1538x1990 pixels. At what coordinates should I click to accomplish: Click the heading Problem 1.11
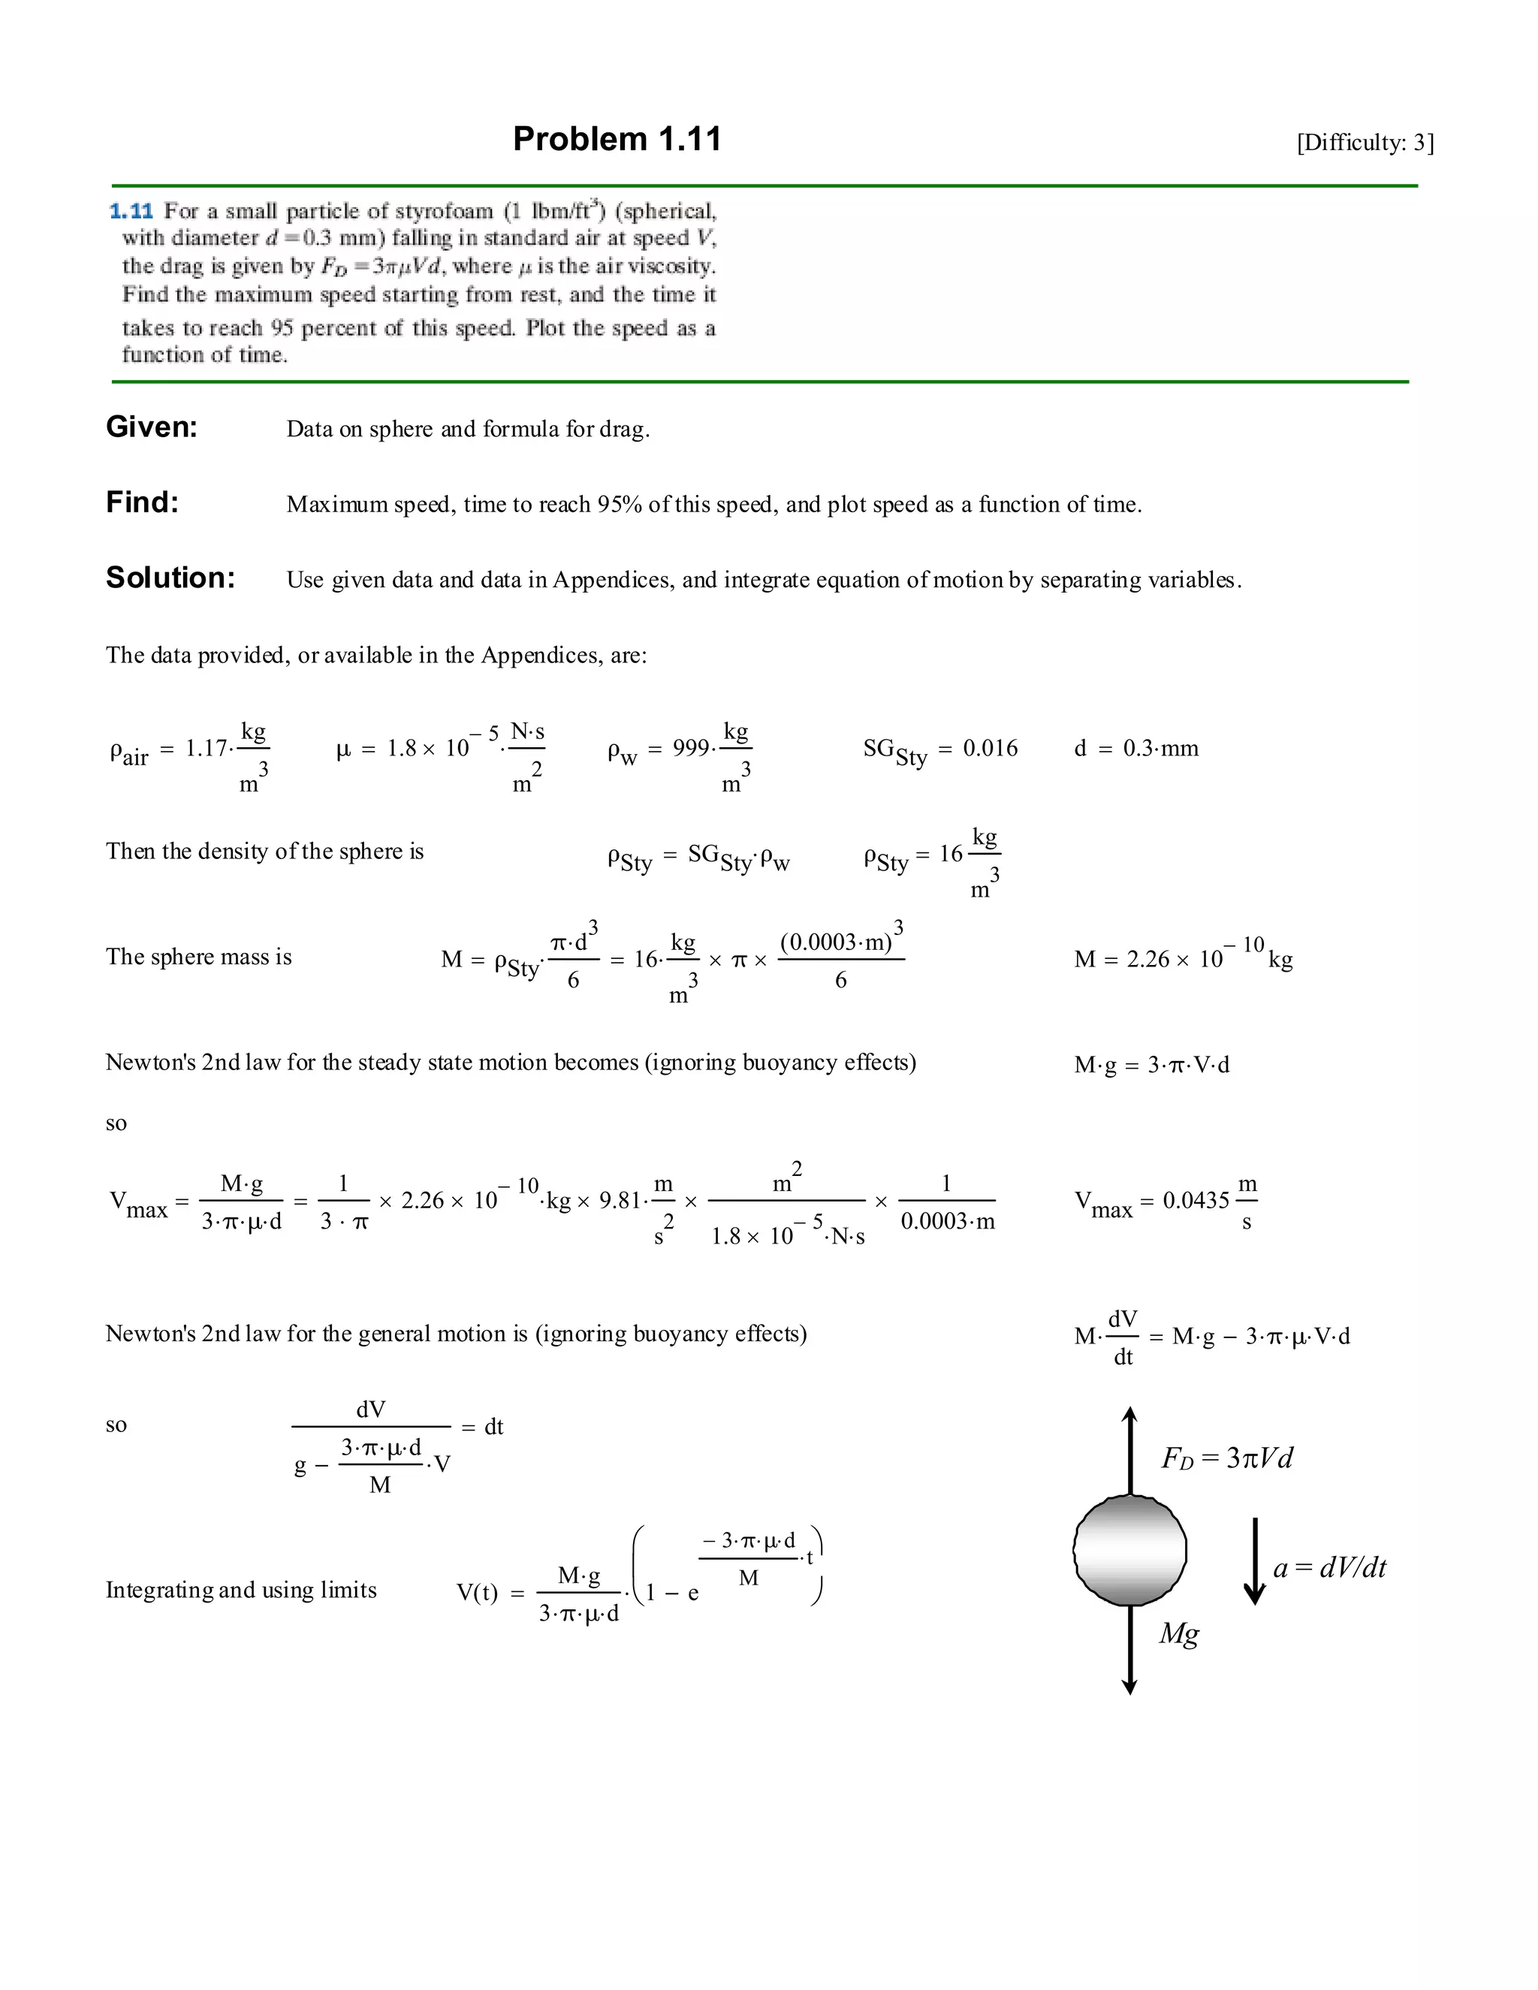617,140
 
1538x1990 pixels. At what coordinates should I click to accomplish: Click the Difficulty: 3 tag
1365,142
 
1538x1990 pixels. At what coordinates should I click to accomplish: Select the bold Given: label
151,427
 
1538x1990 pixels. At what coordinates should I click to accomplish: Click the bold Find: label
142,502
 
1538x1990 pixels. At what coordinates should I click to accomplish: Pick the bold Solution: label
170,577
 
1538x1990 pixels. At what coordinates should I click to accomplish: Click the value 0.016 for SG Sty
991,748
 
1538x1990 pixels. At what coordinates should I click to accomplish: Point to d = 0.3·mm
1136,748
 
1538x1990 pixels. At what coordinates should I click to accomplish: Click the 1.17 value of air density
206,748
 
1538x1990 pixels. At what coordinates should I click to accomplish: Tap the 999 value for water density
691,748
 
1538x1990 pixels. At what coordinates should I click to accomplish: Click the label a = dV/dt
1329,1567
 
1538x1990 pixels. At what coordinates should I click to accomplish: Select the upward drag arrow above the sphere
1129,1449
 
